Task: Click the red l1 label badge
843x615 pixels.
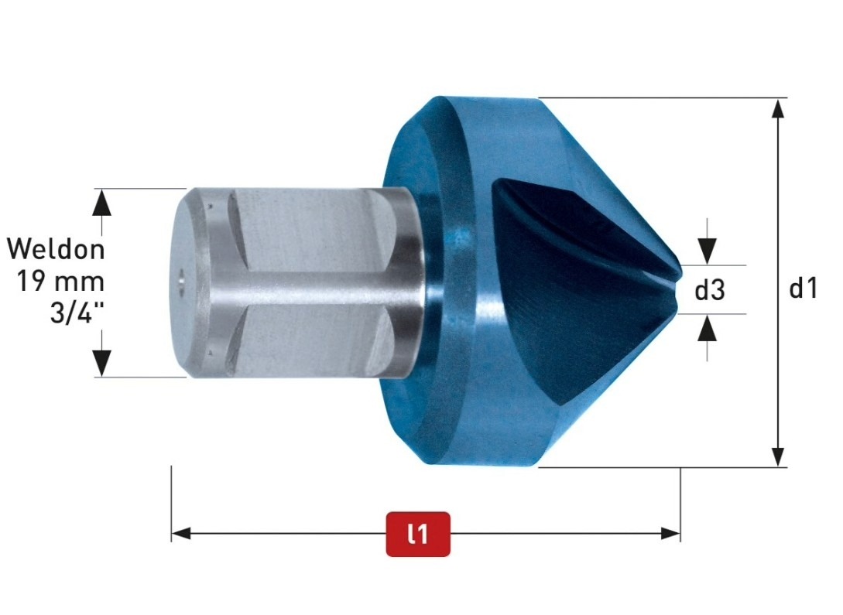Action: point(418,534)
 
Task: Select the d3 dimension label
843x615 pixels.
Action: point(710,290)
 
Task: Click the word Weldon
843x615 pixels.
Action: point(56,249)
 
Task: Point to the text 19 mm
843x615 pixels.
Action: point(60,281)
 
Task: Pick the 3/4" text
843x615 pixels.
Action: point(77,313)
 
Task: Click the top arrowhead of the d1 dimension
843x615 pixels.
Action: point(777,108)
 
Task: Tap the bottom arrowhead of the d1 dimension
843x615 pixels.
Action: point(777,457)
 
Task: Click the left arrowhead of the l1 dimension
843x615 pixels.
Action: point(181,533)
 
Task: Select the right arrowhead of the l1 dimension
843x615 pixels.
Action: point(670,533)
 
